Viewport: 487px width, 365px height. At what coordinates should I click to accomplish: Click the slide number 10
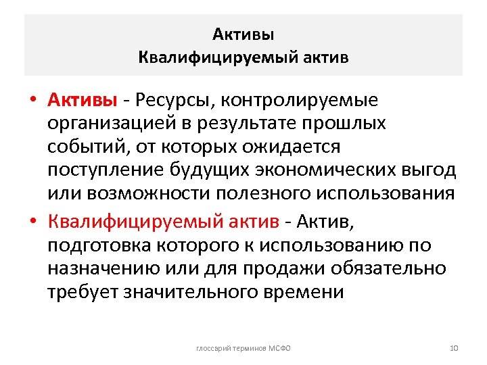454,347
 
